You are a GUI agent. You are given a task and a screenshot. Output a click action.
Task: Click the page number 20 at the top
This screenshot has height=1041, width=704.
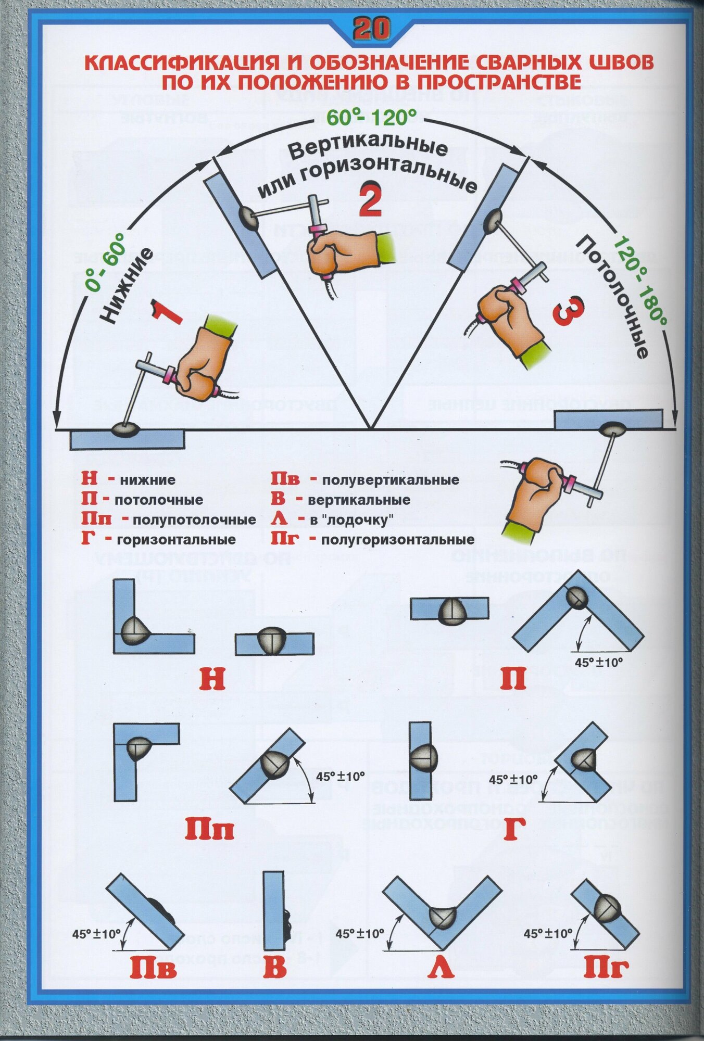(371, 29)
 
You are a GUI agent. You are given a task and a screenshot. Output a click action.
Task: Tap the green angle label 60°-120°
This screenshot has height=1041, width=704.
(371, 118)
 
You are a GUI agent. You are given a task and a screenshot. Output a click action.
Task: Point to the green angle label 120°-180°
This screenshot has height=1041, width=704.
(639, 281)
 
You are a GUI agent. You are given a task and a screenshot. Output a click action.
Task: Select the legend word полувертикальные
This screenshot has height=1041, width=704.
(391, 479)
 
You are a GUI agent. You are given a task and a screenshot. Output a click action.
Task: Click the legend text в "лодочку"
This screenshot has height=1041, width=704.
(351, 519)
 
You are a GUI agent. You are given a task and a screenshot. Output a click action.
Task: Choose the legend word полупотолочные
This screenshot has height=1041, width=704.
(194, 519)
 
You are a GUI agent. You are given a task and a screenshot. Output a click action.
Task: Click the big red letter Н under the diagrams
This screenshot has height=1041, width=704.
(212, 679)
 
